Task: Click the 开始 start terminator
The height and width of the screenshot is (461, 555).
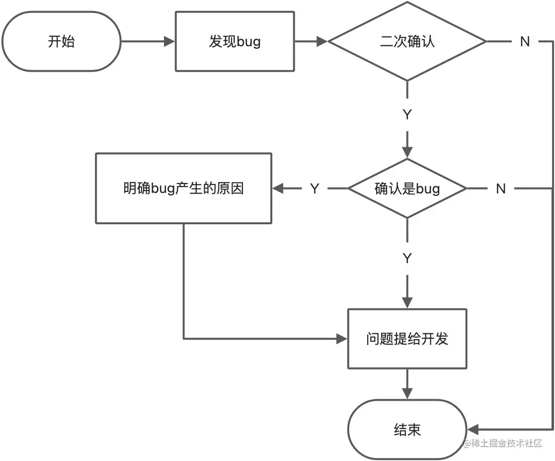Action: (61, 41)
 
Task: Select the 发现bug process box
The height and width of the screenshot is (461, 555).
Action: (235, 41)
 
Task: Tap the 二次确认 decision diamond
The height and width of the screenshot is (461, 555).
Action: (407, 41)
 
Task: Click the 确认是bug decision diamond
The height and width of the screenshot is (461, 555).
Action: (407, 188)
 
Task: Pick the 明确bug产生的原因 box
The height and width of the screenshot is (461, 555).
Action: (183, 188)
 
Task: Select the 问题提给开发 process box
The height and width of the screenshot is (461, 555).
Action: (407, 339)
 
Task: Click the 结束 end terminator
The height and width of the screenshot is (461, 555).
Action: (407, 430)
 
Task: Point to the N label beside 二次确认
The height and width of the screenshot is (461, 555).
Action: (525, 42)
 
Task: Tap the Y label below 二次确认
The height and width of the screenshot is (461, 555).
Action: (407, 114)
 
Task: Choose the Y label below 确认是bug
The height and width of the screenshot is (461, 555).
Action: (407, 258)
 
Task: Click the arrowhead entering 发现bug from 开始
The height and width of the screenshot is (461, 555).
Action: (169, 41)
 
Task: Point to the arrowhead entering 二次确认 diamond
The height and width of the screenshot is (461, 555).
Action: (322, 41)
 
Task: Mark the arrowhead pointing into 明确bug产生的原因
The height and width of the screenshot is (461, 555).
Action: (278, 188)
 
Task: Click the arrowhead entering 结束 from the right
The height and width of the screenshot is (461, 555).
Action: (473, 430)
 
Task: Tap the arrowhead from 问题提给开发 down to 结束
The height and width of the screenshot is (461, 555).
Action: (407, 394)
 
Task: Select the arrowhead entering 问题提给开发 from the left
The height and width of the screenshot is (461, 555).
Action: (342, 339)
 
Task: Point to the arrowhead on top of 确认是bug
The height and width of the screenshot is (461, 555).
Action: (407, 152)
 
